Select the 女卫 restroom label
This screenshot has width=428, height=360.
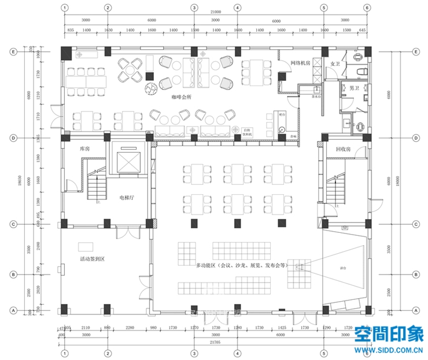click(334, 64)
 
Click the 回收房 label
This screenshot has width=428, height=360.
click(343, 149)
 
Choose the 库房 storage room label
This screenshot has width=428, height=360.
click(85, 149)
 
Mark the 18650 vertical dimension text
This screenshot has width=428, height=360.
click(20, 180)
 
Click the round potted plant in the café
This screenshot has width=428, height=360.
click(151, 88)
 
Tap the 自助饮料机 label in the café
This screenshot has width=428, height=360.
click(248, 132)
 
